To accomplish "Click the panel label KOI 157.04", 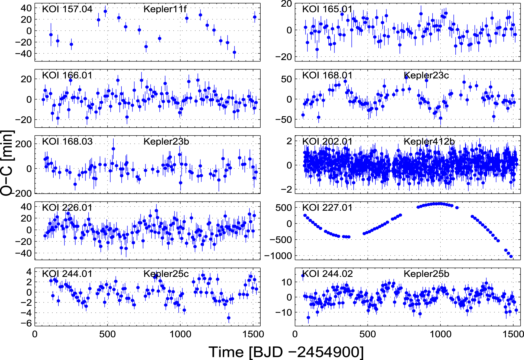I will pyautogui.click(x=67, y=9).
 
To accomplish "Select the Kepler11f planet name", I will pyautogui.click(x=165, y=9).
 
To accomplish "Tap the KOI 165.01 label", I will pyautogui.click(x=327, y=9).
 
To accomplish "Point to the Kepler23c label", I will pyautogui.click(x=426, y=75).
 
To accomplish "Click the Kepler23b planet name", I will pyautogui.click(x=166, y=141).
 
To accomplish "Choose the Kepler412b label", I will pyautogui.click(x=429, y=141).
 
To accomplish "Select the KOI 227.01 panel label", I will pyautogui.click(x=327, y=208).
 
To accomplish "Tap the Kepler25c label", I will pyautogui.click(x=166, y=274).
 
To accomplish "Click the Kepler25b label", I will pyautogui.click(x=426, y=274).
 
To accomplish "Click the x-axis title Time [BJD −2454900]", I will pyautogui.click(x=286, y=352).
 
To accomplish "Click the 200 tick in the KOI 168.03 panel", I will pyautogui.click(x=23, y=144).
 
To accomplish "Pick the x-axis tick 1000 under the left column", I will pyautogui.click(x=180, y=334).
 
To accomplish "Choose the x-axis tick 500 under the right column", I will pyautogui.click(x=368, y=334).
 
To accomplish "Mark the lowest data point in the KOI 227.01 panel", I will pyautogui.click(x=511, y=256).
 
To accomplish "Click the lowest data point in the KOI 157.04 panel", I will pyautogui.click(x=234, y=52).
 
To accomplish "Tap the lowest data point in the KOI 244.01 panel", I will pyautogui.click(x=229, y=318).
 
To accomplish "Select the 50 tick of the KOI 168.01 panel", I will pyautogui.click(x=286, y=79).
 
